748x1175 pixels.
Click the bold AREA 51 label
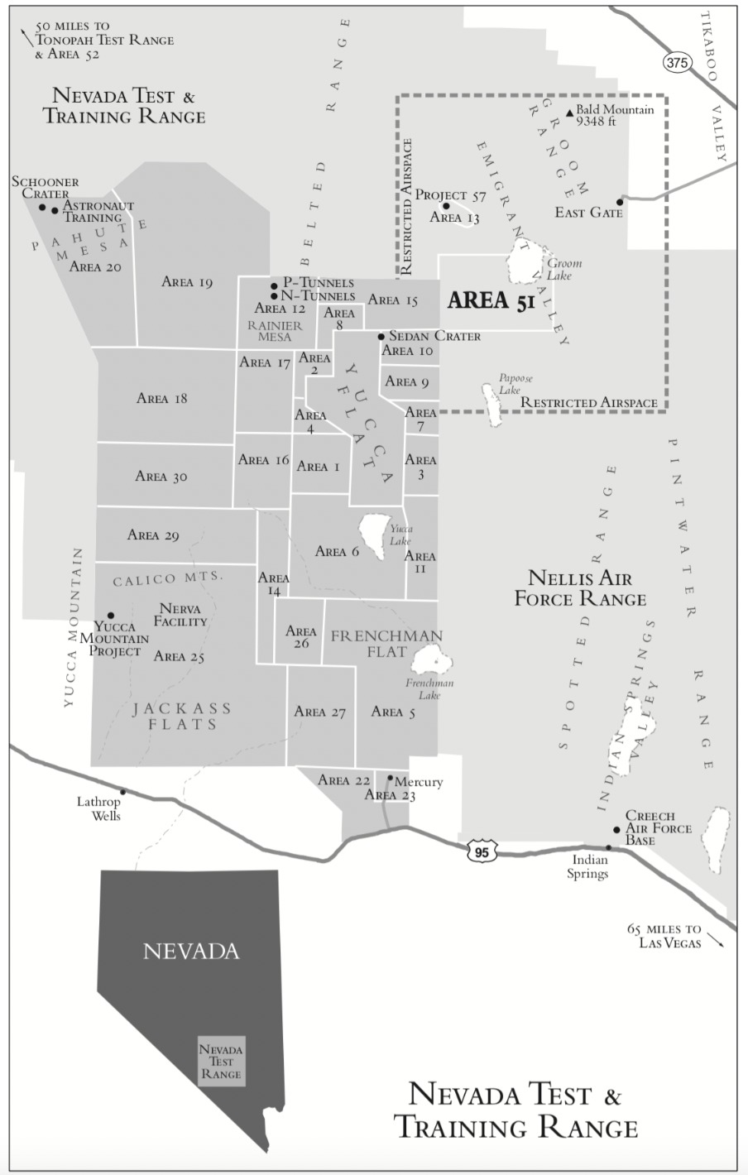coord(491,300)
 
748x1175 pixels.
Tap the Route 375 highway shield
coord(676,62)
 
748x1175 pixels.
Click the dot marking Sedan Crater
coord(381,336)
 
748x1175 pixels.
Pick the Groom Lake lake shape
coord(525,262)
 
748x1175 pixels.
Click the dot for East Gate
coord(620,201)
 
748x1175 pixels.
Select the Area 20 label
coord(95,266)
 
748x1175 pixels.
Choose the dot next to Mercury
coord(390,778)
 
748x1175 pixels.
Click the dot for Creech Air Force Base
coord(616,829)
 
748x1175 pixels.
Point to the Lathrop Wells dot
coord(123,792)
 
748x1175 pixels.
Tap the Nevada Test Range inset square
coord(221,1061)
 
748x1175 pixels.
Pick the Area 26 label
coord(301,637)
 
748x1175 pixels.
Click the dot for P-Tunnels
coord(274,286)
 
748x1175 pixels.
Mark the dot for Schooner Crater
coord(42,206)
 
